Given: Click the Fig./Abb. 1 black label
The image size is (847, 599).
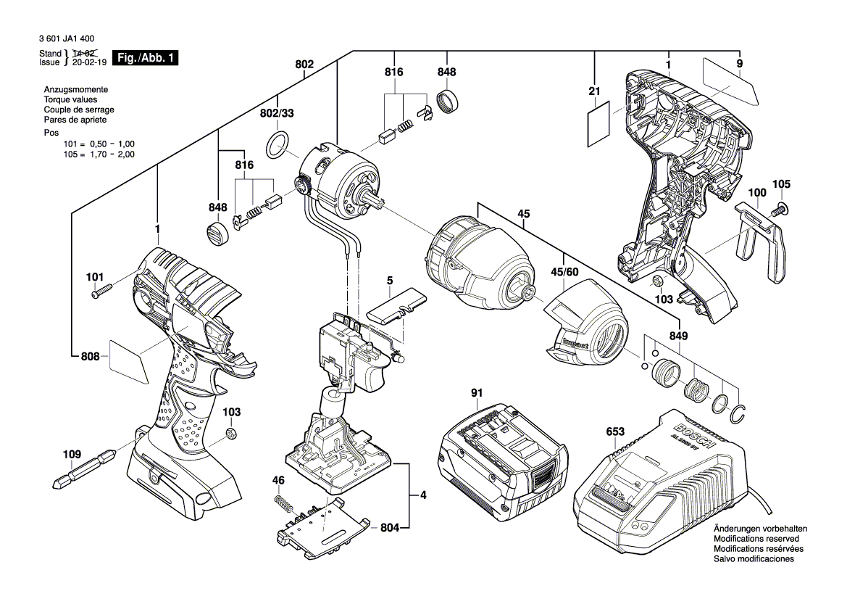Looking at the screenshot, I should coord(146,58).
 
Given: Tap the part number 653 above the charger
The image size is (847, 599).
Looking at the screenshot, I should coord(615,431).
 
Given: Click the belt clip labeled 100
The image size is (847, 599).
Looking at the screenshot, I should coord(761,244).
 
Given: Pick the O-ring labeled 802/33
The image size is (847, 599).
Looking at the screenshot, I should coord(278,145).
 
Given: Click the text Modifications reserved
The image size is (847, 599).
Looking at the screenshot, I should coord(756,539).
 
